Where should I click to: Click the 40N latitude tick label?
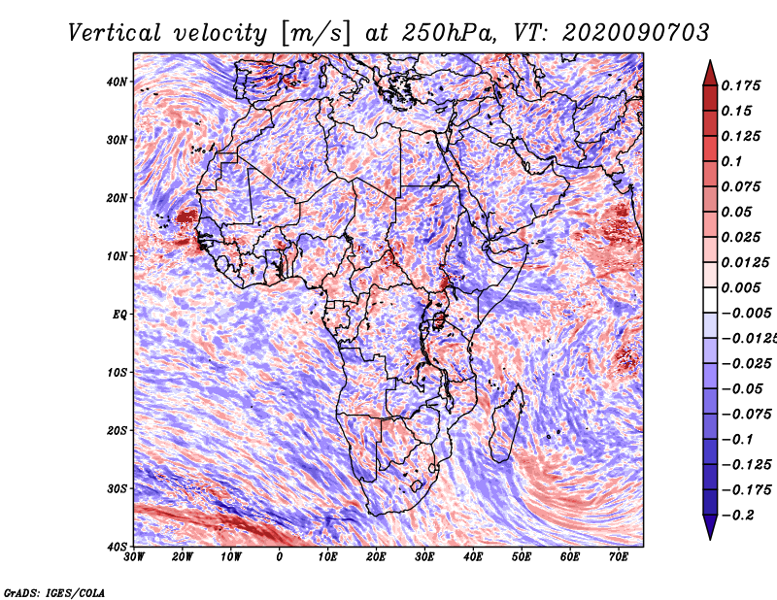[117, 82]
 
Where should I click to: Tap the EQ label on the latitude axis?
[119, 315]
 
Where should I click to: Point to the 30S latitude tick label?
[117, 489]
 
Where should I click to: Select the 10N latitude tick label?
[117, 256]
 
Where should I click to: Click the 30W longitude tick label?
[134, 557]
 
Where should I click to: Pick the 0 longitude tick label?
[279, 557]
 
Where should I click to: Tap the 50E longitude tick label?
[522, 557]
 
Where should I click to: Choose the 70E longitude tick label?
[619, 557]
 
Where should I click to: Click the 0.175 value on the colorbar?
[740, 85]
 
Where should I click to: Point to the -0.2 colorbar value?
[737, 516]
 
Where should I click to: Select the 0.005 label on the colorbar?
[740, 287]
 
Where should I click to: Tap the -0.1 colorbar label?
[737, 440]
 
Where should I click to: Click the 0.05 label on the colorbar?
[735, 212]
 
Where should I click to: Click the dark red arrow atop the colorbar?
[710, 74]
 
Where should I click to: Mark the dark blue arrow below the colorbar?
[710, 527]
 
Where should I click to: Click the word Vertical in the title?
[115, 33]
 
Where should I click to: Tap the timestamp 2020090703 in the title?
[636, 33]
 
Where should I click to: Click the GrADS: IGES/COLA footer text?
[54, 592]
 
